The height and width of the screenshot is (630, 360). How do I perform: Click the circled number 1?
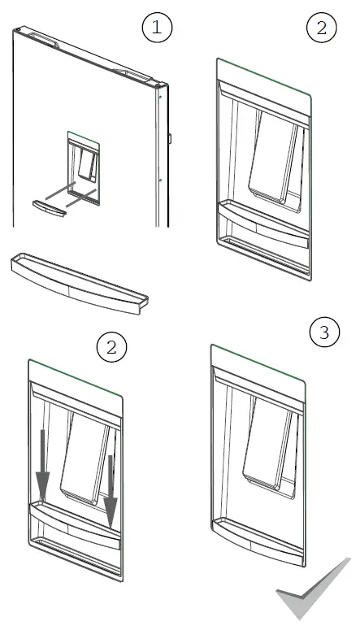pyautogui.click(x=157, y=28)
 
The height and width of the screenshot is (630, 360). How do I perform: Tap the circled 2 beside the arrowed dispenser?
pyautogui.click(x=111, y=347)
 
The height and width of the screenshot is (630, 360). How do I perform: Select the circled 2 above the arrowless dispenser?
pyautogui.click(x=322, y=28)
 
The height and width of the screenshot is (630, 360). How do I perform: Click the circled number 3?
pyautogui.click(x=324, y=332)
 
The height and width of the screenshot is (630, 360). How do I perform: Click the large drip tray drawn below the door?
pyautogui.click(x=79, y=283)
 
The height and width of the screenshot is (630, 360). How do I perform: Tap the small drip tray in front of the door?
pyautogui.click(x=49, y=208)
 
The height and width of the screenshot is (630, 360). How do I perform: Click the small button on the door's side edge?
pyautogui.click(x=170, y=139)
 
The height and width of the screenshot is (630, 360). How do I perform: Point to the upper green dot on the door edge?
pyautogui.click(x=160, y=97)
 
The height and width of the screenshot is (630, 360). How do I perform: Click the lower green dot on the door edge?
pyautogui.click(x=160, y=180)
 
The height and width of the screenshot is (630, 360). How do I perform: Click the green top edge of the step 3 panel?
pyautogui.click(x=258, y=362)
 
